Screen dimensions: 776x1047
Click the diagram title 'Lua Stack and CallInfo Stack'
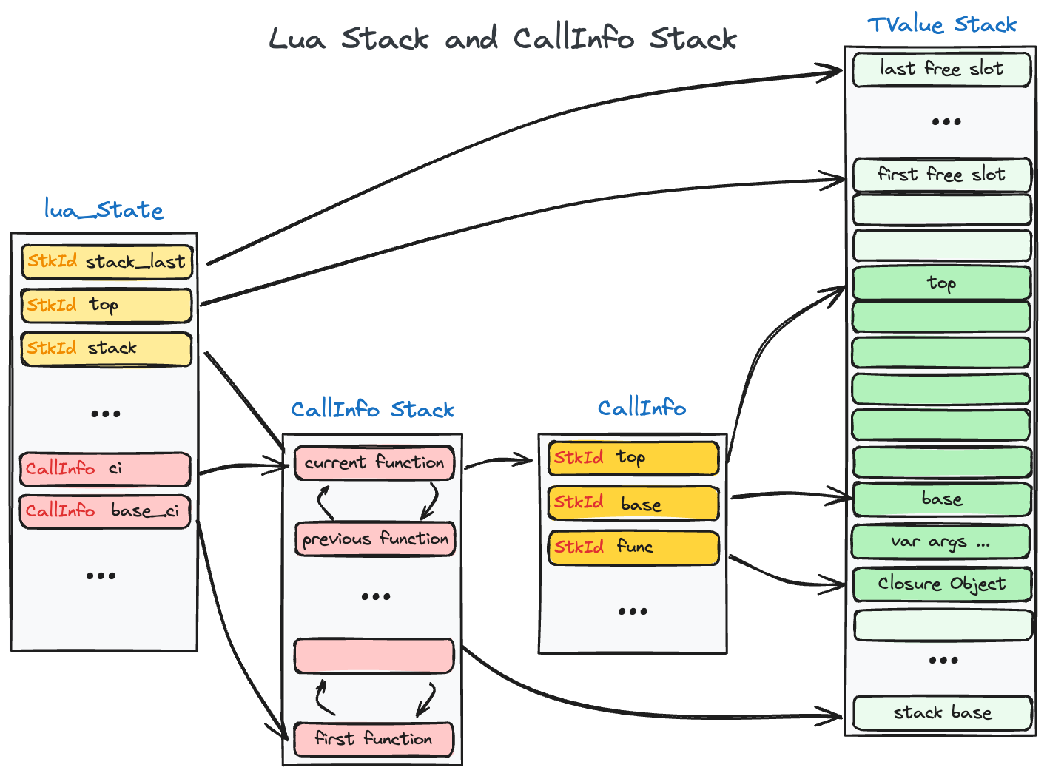[x=502, y=38]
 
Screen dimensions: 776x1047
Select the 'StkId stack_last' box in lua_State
[x=107, y=262]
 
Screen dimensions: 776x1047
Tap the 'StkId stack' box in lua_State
[x=106, y=348]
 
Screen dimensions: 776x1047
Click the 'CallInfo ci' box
[x=104, y=469]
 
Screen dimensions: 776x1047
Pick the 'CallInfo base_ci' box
[x=104, y=511]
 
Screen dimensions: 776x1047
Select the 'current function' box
[x=374, y=463]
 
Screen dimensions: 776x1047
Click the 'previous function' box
[x=374, y=539]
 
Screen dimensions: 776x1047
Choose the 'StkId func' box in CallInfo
[x=633, y=547]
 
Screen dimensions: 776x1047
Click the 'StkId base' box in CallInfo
[x=633, y=504]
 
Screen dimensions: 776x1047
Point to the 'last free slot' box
[x=941, y=70]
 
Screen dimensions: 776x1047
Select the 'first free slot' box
[x=941, y=175]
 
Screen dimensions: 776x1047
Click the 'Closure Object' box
[x=941, y=584]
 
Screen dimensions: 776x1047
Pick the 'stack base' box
[x=942, y=713]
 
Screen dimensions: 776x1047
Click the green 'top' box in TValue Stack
[x=941, y=283]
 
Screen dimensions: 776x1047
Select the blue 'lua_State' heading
[x=104, y=210]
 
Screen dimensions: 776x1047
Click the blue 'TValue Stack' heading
[x=941, y=25]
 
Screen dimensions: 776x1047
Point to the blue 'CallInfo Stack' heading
[x=372, y=409]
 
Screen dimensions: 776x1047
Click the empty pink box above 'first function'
[x=374, y=656]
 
